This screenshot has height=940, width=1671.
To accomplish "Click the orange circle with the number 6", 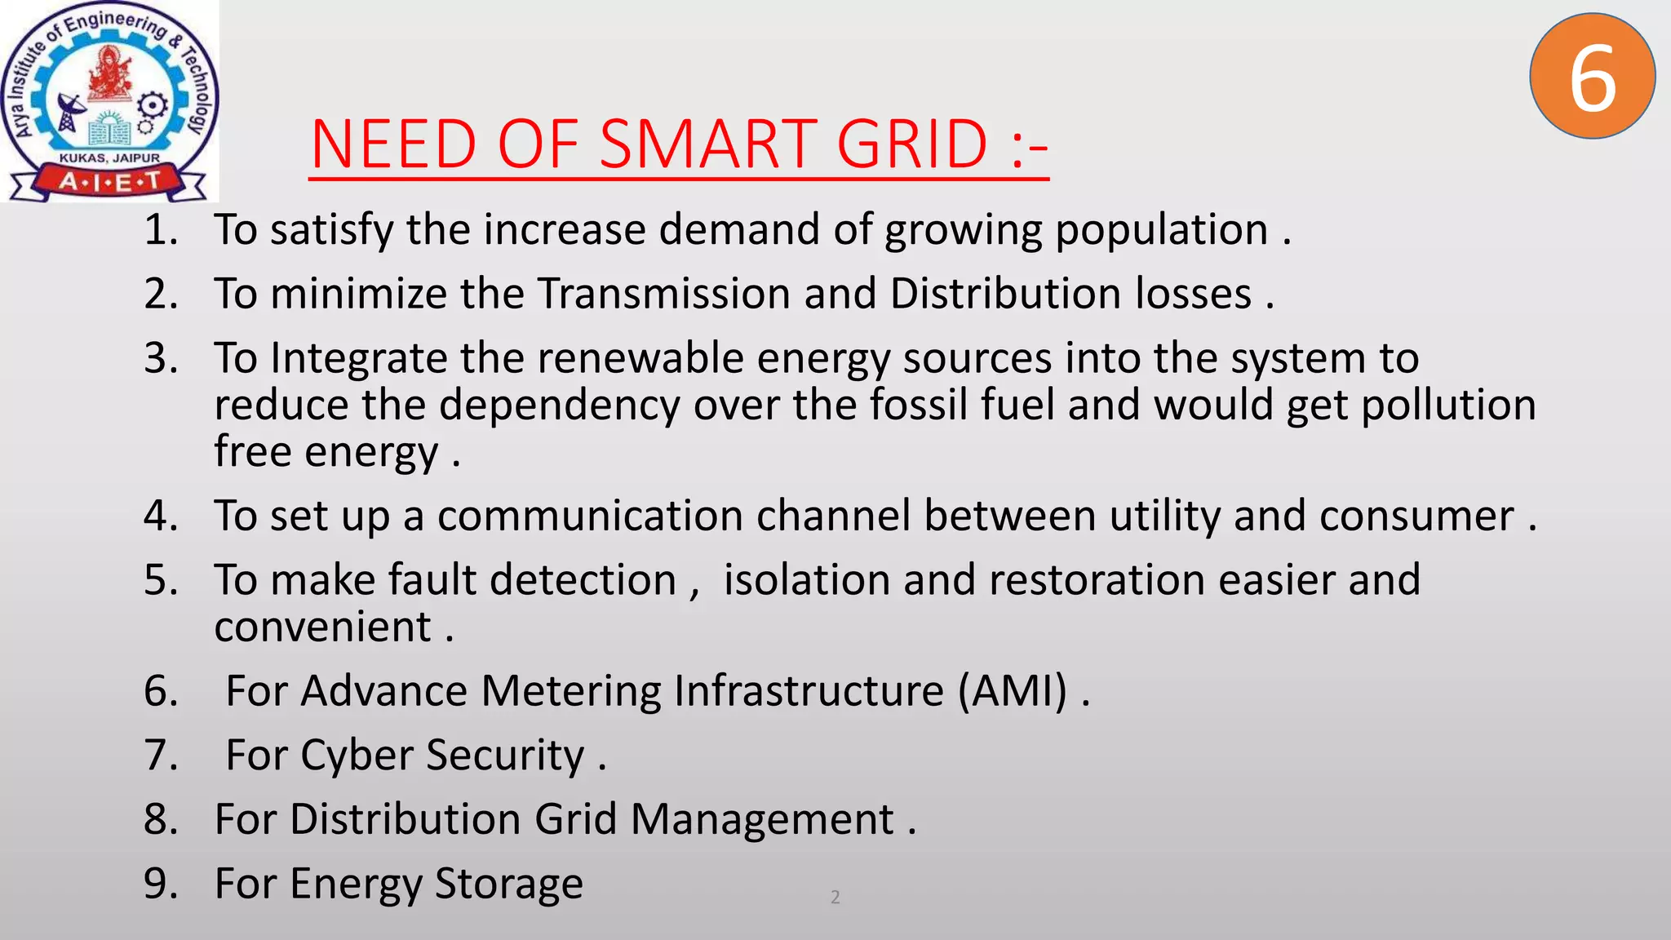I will (x=1592, y=77).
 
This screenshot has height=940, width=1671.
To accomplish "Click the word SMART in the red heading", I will (x=708, y=144).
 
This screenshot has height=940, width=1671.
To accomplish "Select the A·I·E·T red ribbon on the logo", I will (x=109, y=181).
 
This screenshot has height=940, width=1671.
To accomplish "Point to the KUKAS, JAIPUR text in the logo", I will (x=109, y=157).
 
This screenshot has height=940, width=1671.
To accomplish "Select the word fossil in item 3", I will (x=918, y=405).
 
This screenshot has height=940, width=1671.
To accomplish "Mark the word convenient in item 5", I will (x=323, y=627).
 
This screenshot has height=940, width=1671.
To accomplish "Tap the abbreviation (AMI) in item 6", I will (x=1012, y=691).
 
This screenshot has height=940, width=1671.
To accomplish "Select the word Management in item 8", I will (x=762, y=820).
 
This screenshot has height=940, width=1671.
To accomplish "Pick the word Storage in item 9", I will (x=508, y=884).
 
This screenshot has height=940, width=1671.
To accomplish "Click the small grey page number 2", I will (x=835, y=898).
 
